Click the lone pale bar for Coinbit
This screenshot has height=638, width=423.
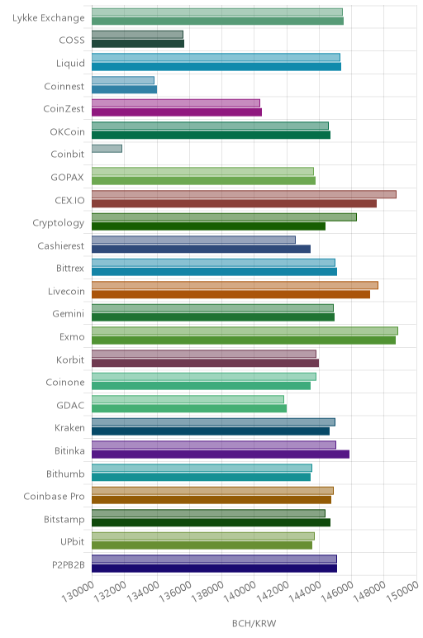(x=107, y=149)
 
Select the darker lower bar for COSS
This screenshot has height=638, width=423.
(x=138, y=44)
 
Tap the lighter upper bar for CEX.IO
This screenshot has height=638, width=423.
(x=244, y=194)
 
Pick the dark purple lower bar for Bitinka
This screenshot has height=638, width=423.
(x=221, y=455)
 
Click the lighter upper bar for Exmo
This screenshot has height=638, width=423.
(x=245, y=331)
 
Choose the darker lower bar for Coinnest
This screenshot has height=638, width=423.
(x=125, y=89)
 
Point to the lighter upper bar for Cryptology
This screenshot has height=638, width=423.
(x=224, y=217)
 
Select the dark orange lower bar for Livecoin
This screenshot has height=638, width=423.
(x=231, y=294)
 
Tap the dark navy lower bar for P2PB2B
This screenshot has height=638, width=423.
(x=214, y=569)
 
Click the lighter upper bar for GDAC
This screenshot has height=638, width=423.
(x=188, y=399)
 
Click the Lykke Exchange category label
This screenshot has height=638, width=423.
(x=49, y=18)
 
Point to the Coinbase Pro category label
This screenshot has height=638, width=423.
(x=54, y=497)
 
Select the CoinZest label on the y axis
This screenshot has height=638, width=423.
(x=64, y=109)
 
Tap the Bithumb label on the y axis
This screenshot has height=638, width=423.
(x=65, y=474)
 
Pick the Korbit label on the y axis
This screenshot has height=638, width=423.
(x=70, y=359)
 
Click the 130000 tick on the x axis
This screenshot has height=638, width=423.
(x=78, y=592)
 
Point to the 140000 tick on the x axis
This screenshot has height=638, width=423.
(x=240, y=592)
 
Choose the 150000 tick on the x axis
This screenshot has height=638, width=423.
(x=402, y=592)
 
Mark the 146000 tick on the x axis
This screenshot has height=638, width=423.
(x=338, y=592)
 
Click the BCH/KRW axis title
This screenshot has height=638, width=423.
(x=254, y=623)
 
